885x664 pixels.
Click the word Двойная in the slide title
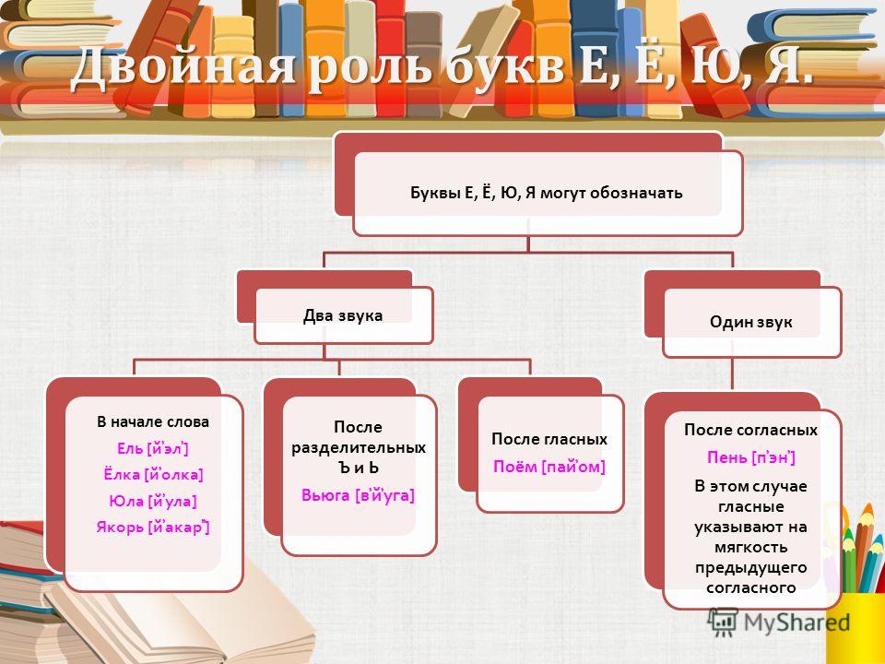(183, 67)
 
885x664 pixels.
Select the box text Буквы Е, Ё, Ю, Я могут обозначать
(547, 193)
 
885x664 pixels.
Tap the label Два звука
(343, 315)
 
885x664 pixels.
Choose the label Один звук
(750, 322)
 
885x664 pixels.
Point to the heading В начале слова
(153, 421)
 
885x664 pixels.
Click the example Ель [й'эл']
(152, 448)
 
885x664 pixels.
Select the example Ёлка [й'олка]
(153, 474)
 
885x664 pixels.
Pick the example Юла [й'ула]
(153, 501)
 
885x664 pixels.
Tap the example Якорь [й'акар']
(153, 527)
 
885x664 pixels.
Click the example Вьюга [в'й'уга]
(358, 495)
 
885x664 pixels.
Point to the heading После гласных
(549, 439)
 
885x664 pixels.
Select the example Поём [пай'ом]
(549, 467)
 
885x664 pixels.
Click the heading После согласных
(750, 430)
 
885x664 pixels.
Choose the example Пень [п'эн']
(751, 456)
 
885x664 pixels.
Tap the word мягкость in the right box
(750, 547)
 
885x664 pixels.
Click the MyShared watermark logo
(779, 622)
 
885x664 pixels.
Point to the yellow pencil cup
(856, 628)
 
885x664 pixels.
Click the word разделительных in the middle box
(359, 448)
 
